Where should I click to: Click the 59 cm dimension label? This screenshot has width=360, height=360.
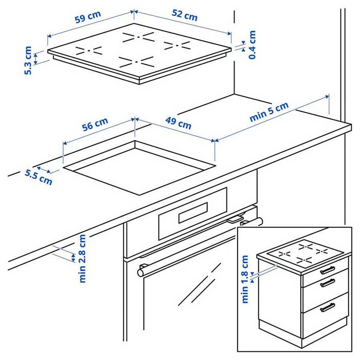tap(87, 19)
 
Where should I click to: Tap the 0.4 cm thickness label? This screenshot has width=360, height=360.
tap(252, 45)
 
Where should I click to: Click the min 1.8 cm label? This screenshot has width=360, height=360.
tap(245, 279)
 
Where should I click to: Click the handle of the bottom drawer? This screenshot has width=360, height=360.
tap(327, 308)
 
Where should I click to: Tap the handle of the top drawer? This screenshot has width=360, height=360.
tap(328, 270)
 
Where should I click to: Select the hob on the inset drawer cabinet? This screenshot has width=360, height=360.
tap(300, 253)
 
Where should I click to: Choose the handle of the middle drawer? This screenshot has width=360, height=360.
tap(327, 282)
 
